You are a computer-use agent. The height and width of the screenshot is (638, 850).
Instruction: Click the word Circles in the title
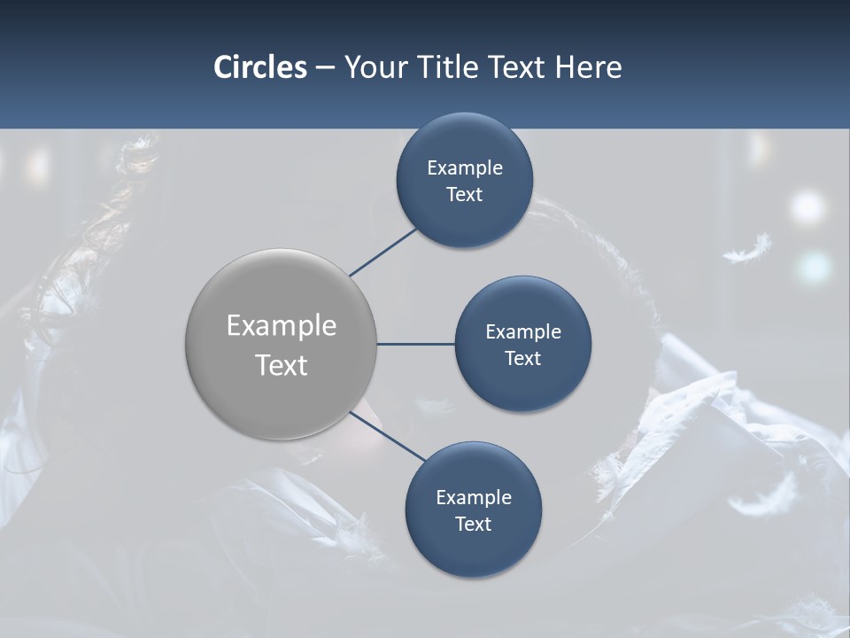click(x=259, y=67)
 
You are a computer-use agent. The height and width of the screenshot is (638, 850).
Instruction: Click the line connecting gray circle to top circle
click(x=383, y=252)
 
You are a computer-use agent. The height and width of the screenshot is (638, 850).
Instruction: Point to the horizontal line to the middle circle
click(x=415, y=344)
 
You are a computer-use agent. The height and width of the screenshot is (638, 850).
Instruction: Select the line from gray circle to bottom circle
click(x=386, y=437)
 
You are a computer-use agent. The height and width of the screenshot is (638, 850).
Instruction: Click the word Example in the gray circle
click(x=281, y=326)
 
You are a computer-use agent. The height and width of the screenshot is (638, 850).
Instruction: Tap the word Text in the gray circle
click(x=281, y=365)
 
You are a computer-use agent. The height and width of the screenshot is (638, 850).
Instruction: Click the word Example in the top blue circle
click(x=464, y=168)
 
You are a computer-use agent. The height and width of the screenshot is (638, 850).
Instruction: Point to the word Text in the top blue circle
click(x=464, y=195)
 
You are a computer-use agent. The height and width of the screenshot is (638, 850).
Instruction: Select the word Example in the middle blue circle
click(x=522, y=332)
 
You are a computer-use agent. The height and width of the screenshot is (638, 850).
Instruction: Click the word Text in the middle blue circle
click(x=522, y=359)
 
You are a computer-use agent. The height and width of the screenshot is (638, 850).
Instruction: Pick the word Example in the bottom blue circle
click(x=473, y=498)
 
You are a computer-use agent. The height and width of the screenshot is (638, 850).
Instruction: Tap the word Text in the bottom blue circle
click(x=473, y=525)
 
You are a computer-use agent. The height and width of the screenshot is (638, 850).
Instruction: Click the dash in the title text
click(x=325, y=68)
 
